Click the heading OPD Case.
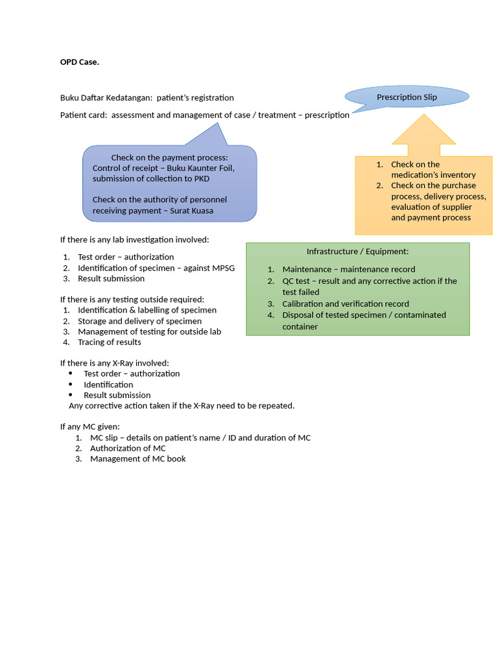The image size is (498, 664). coord(80,62)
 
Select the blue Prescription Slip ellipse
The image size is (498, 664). coord(407,97)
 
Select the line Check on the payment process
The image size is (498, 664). coord(170,158)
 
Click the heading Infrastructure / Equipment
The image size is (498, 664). coord(357,251)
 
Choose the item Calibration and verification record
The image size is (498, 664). coord(346,303)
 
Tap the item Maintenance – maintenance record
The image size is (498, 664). coord(349,269)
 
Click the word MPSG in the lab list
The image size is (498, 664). coord(223,268)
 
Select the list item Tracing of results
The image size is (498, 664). coord(109,342)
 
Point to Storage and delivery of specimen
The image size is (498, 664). coord(139,321)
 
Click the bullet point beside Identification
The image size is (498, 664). coord(71,385)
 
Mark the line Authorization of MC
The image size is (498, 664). coord(128,448)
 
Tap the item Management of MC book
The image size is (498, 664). coord(137,458)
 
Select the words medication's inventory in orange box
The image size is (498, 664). coord(433,174)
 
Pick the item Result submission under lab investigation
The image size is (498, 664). coord(111,278)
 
